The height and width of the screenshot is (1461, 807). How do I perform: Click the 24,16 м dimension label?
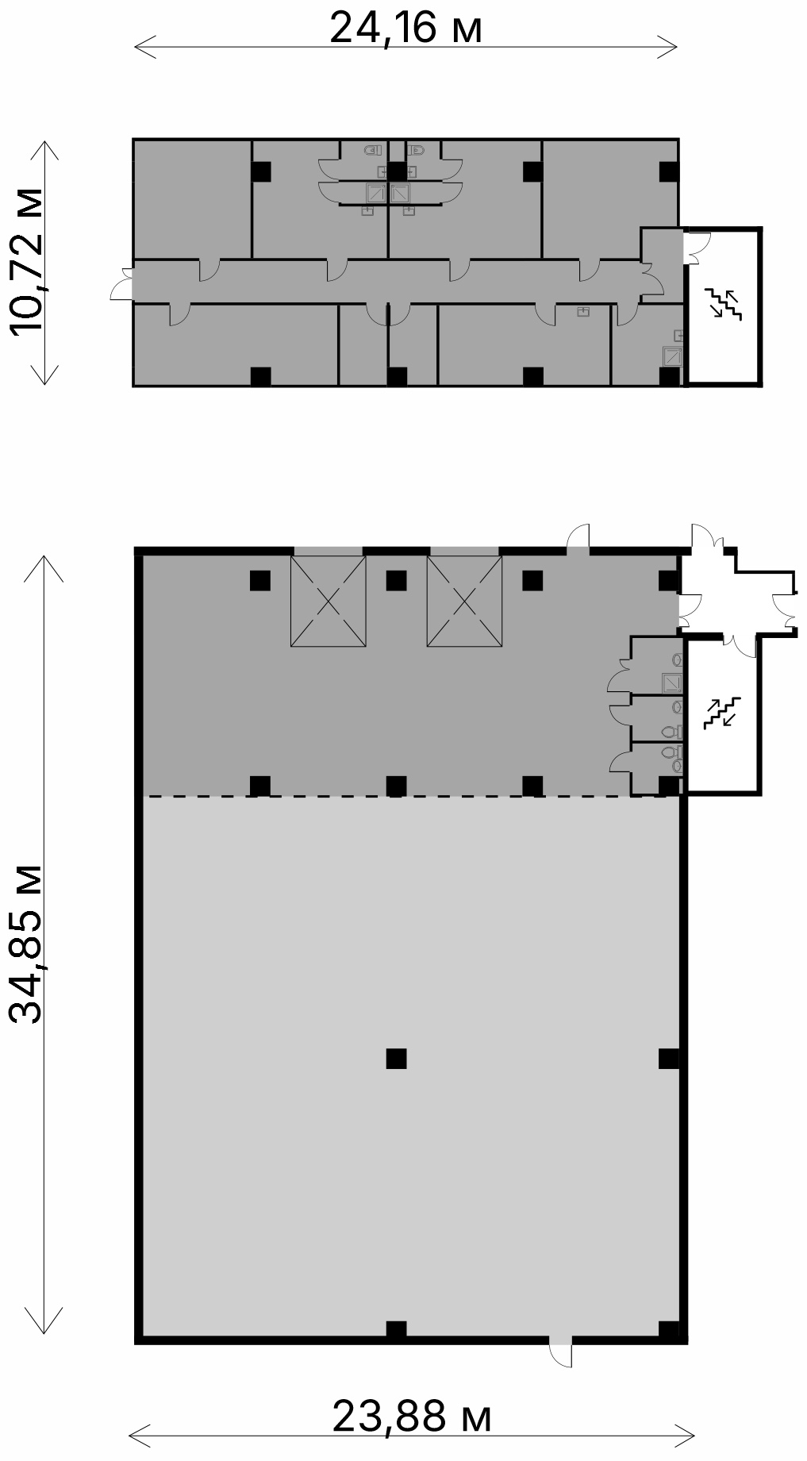click(405, 29)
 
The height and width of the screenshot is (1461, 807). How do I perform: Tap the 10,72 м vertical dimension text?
click(26, 263)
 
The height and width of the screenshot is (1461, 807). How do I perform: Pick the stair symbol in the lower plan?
click(722, 712)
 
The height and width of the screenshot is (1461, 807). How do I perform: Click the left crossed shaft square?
click(329, 601)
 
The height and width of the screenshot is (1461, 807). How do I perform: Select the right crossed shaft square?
click(464, 601)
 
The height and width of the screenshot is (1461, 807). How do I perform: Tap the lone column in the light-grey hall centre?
click(396, 1058)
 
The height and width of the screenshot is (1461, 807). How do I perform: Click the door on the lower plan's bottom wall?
click(560, 1351)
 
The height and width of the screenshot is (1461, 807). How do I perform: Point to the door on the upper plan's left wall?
click(121, 283)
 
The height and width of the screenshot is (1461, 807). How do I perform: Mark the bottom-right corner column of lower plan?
click(669, 1331)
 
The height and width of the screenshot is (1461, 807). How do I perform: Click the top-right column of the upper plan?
click(669, 171)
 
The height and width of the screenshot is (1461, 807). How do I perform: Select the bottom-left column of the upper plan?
click(260, 376)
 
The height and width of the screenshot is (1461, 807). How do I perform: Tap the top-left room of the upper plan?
click(192, 199)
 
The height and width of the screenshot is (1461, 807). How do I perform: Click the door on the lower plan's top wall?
click(578, 536)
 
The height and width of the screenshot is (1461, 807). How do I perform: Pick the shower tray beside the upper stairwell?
click(672, 356)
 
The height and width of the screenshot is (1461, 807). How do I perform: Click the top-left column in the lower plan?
click(260, 581)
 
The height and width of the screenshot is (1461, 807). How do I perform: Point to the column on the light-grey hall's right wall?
click(669, 1059)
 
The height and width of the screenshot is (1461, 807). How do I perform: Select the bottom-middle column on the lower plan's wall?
click(396, 1330)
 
